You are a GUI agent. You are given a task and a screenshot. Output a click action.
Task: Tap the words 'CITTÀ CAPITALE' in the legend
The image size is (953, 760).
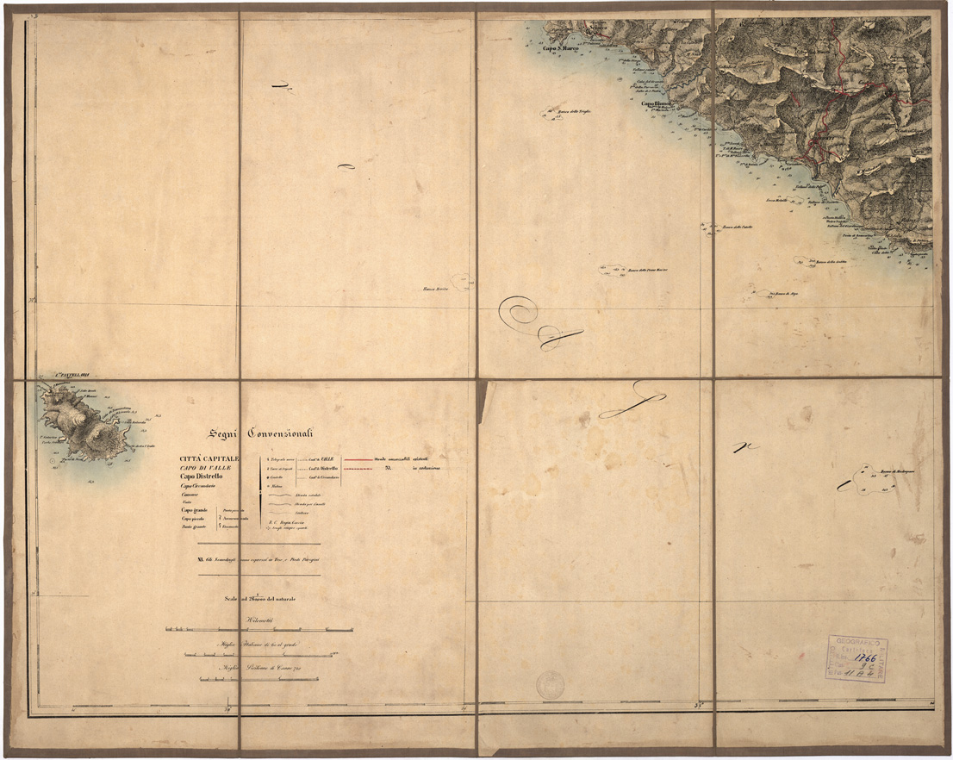pos(210,458)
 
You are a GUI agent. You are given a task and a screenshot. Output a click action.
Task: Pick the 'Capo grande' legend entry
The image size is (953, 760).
pos(195,510)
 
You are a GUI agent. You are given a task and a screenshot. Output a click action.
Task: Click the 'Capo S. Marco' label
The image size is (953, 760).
pos(561,48)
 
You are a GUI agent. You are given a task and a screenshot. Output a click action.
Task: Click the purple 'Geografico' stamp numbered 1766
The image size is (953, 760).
pos(856,659)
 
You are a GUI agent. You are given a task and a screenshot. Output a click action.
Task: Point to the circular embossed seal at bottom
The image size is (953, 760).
pos(549,685)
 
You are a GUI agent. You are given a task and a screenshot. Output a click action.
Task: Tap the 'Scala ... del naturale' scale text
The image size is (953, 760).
pos(259,599)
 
